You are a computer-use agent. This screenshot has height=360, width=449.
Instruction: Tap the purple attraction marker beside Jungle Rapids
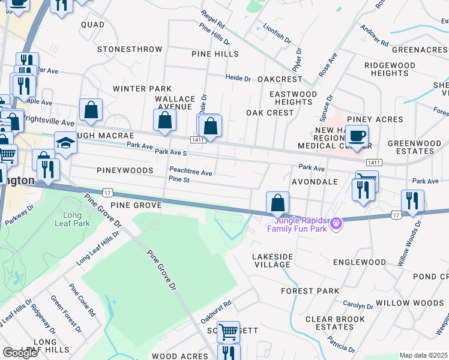[x=337, y=223]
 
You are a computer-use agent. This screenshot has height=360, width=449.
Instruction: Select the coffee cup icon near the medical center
[x=357, y=136]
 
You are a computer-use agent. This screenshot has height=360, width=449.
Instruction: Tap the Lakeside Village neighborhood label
[x=273, y=260]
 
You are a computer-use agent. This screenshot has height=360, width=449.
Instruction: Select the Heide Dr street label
[x=238, y=78]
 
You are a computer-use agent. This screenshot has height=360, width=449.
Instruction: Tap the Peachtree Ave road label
[x=191, y=172]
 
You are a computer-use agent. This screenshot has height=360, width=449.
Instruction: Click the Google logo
[x=20, y=353]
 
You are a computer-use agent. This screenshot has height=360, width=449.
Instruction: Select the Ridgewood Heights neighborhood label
[x=390, y=68]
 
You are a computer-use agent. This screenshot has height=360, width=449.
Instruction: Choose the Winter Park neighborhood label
[x=142, y=89]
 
